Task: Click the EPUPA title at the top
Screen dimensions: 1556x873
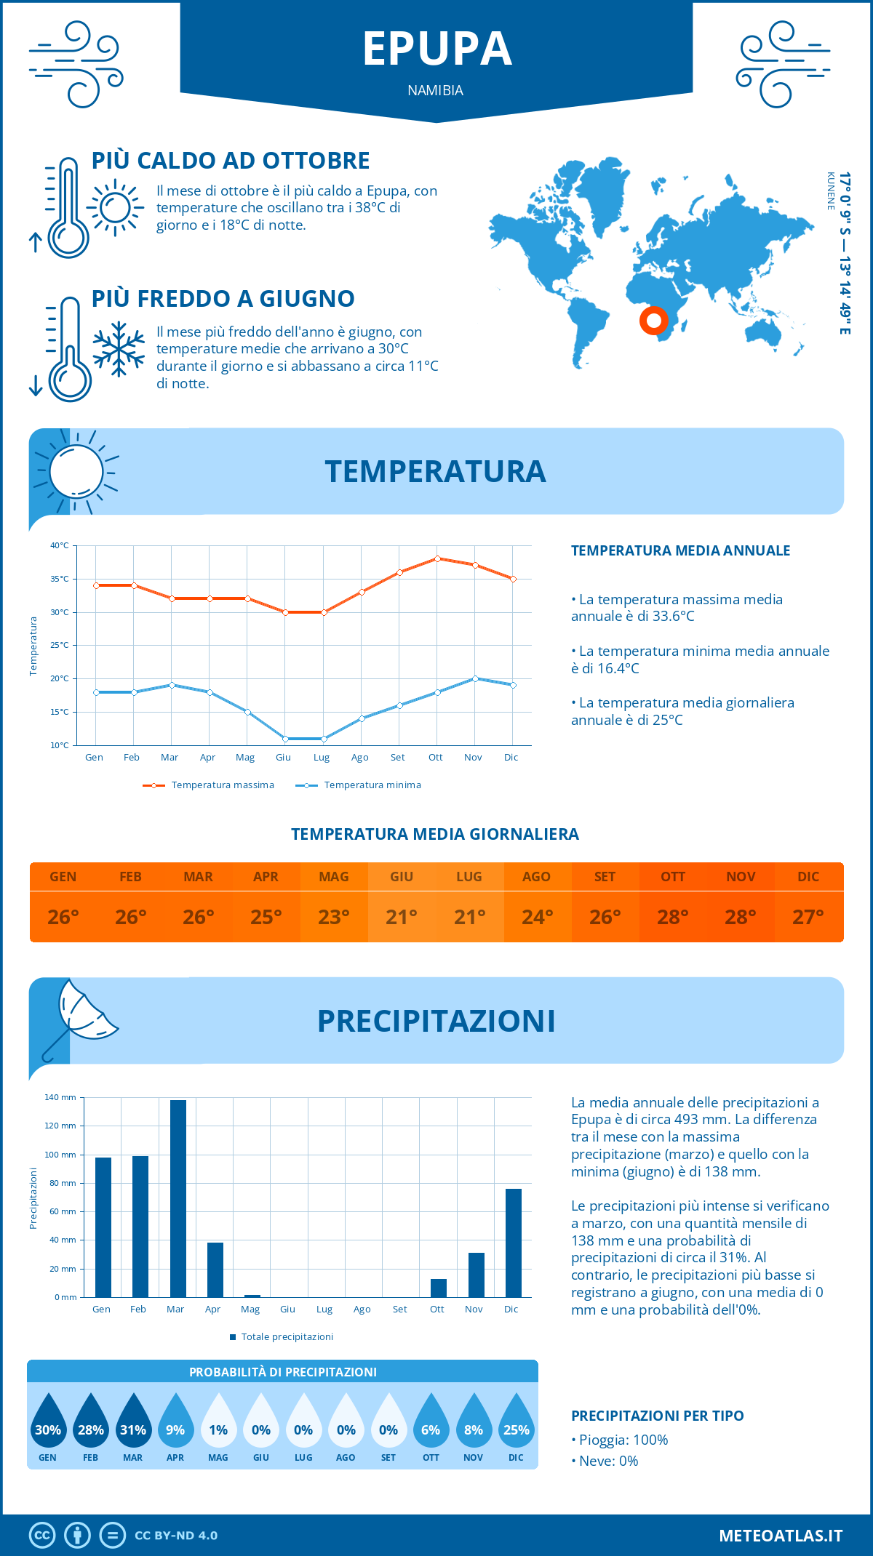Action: pos(437,49)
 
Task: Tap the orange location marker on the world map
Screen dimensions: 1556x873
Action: pos(653,320)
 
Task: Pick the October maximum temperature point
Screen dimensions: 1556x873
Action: pos(437,558)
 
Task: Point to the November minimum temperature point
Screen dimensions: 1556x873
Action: pos(475,678)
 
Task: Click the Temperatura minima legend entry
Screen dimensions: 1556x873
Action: pos(359,785)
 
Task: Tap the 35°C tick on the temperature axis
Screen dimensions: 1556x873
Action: pos(60,579)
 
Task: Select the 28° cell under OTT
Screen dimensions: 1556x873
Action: pos(672,917)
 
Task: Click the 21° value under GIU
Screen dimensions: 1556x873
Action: pos(401,917)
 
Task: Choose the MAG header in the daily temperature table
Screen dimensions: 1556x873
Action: pos(333,877)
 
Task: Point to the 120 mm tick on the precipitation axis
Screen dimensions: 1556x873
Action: pos(60,1126)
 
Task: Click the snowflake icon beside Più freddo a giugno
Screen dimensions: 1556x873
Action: pos(119,349)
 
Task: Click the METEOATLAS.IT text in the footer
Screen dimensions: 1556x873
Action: pos(780,1536)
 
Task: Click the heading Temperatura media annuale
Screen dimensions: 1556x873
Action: pos(680,550)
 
